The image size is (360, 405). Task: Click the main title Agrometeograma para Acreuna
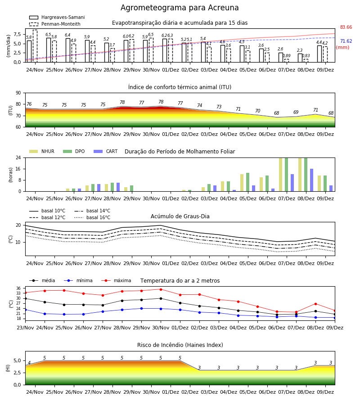point(180,8)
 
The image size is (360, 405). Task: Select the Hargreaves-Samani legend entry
point(57,17)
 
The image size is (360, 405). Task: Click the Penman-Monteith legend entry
point(55,24)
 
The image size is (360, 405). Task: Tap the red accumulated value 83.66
point(346,27)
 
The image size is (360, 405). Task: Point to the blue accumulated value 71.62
point(346,41)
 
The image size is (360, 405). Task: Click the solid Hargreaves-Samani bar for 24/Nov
point(29,51)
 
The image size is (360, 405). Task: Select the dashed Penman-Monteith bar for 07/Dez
point(287,61)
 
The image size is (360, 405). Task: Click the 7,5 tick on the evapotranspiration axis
point(17,34)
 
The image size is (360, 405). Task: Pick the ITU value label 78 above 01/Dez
point(161,102)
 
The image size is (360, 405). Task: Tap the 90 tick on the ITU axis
point(18,93)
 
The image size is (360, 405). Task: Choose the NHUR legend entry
point(42,151)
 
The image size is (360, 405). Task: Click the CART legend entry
point(106,151)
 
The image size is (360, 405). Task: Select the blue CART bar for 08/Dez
point(312,180)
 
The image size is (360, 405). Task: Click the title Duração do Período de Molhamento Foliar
point(180,152)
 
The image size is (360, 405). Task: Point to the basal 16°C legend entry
point(92,217)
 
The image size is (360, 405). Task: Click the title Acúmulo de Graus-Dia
point(180,216)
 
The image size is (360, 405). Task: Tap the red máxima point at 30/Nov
point(161,289)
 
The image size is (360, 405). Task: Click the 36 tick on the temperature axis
point(18,288)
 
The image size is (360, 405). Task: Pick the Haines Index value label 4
point(29,363)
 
